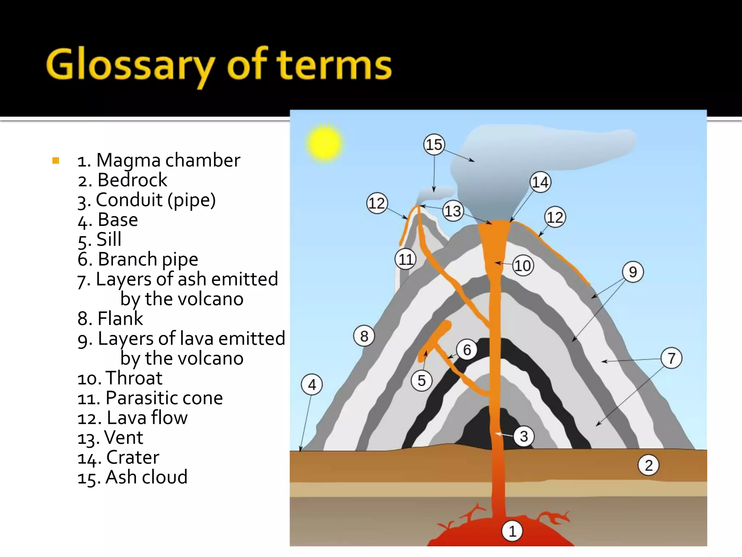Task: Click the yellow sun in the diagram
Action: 324,143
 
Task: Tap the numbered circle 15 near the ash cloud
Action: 434,145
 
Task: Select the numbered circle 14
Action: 540,182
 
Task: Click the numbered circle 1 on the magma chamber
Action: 512,531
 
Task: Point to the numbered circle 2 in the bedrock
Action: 649,465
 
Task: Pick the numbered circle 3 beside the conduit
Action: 524,436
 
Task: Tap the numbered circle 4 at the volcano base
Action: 312,384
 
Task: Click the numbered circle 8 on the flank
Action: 364,336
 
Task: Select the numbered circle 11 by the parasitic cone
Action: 405,259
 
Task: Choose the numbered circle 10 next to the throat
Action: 523,266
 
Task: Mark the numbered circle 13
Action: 453,211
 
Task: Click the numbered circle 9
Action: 633,272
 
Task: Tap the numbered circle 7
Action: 671,358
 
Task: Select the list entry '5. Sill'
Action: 100,240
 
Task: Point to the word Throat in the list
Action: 134,378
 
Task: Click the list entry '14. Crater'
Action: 118,458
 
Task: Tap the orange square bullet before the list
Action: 56,160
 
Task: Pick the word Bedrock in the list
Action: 132,180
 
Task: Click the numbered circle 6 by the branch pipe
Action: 467,350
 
